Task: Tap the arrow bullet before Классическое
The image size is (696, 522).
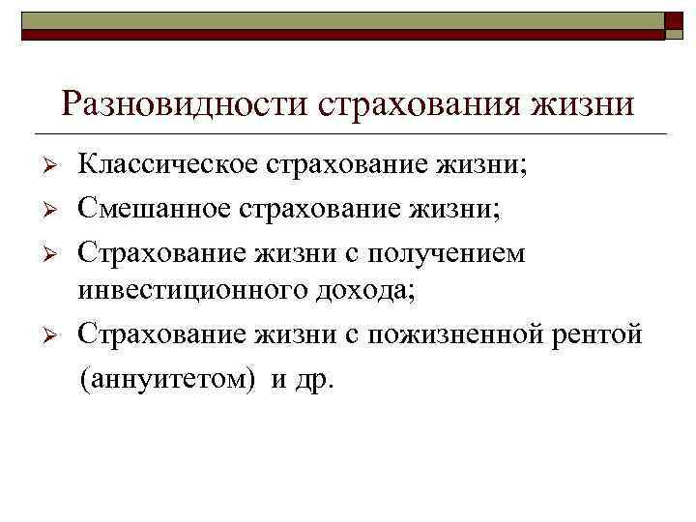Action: pyautogui.click(x=55, y=166)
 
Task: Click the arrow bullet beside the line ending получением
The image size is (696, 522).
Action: pyautogui.click(x=55, y=252)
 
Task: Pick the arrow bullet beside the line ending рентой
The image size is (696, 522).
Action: pyautogui.click(x=55, y=334)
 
